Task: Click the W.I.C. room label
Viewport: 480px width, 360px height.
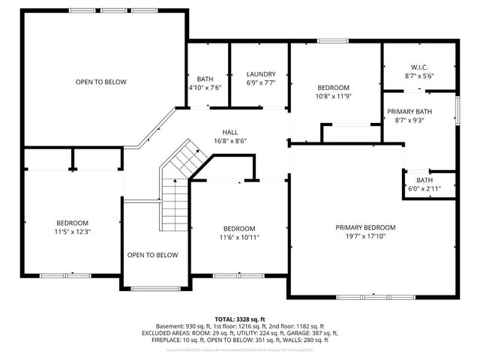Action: (x=419, y=66)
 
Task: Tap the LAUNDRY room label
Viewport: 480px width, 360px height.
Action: (x=261, y=74)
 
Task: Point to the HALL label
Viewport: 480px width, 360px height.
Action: (x=229, y=132)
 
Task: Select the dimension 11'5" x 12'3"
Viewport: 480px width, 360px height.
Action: (x=73, y=232)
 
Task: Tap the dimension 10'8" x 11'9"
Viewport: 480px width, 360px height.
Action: (x=332, y=96)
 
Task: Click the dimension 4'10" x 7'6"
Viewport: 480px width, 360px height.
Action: (x=205, y=88)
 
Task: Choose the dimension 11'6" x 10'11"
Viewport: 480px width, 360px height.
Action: (x=238, y=238)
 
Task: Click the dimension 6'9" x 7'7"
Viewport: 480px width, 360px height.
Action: (x=261, y=83)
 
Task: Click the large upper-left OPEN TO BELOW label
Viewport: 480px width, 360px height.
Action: (x=100, y=82)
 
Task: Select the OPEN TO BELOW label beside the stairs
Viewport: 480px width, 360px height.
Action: (x=152, y=255)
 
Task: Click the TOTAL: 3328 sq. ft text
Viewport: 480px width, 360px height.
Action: (x=240, y=319)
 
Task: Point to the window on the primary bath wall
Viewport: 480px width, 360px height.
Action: (x=457, y=109)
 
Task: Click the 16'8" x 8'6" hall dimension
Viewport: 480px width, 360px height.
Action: (x=229, y=141)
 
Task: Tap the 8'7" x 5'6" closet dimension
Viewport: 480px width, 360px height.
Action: (x=419, y=76)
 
